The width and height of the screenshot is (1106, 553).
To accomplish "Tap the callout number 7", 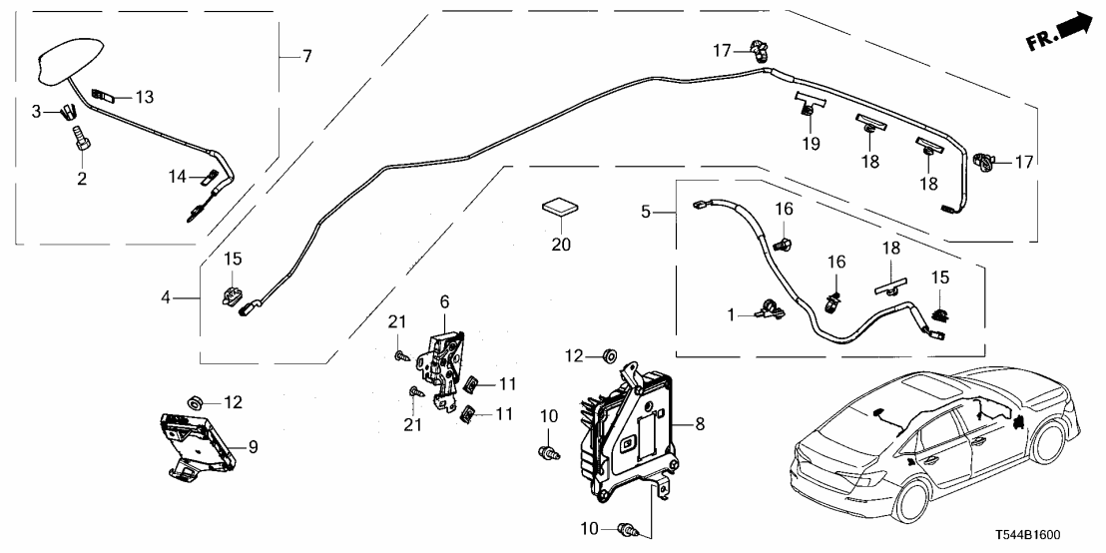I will click(306, 57).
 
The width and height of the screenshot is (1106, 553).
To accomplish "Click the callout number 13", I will click(145, 97).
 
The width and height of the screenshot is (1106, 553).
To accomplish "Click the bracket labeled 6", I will click(446, 355).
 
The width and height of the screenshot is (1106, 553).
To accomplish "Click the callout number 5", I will click(646, 212).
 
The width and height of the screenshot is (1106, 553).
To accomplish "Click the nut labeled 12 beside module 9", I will click(198, 399).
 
